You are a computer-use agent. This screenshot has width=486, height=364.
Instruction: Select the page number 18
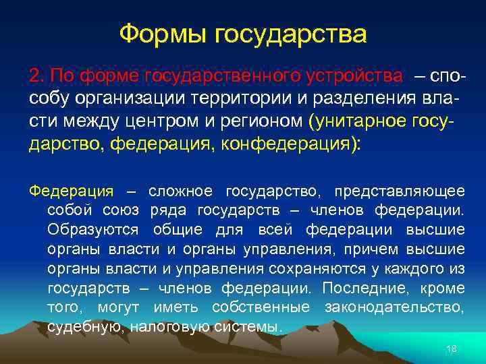pos(452,348)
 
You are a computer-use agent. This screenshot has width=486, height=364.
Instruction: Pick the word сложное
pos(180,191)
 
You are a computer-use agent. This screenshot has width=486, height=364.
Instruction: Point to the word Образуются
pos(93,230)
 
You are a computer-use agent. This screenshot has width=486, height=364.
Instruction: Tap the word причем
pos(371,249)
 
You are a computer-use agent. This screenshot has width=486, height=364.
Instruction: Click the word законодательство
pos(394,308)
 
